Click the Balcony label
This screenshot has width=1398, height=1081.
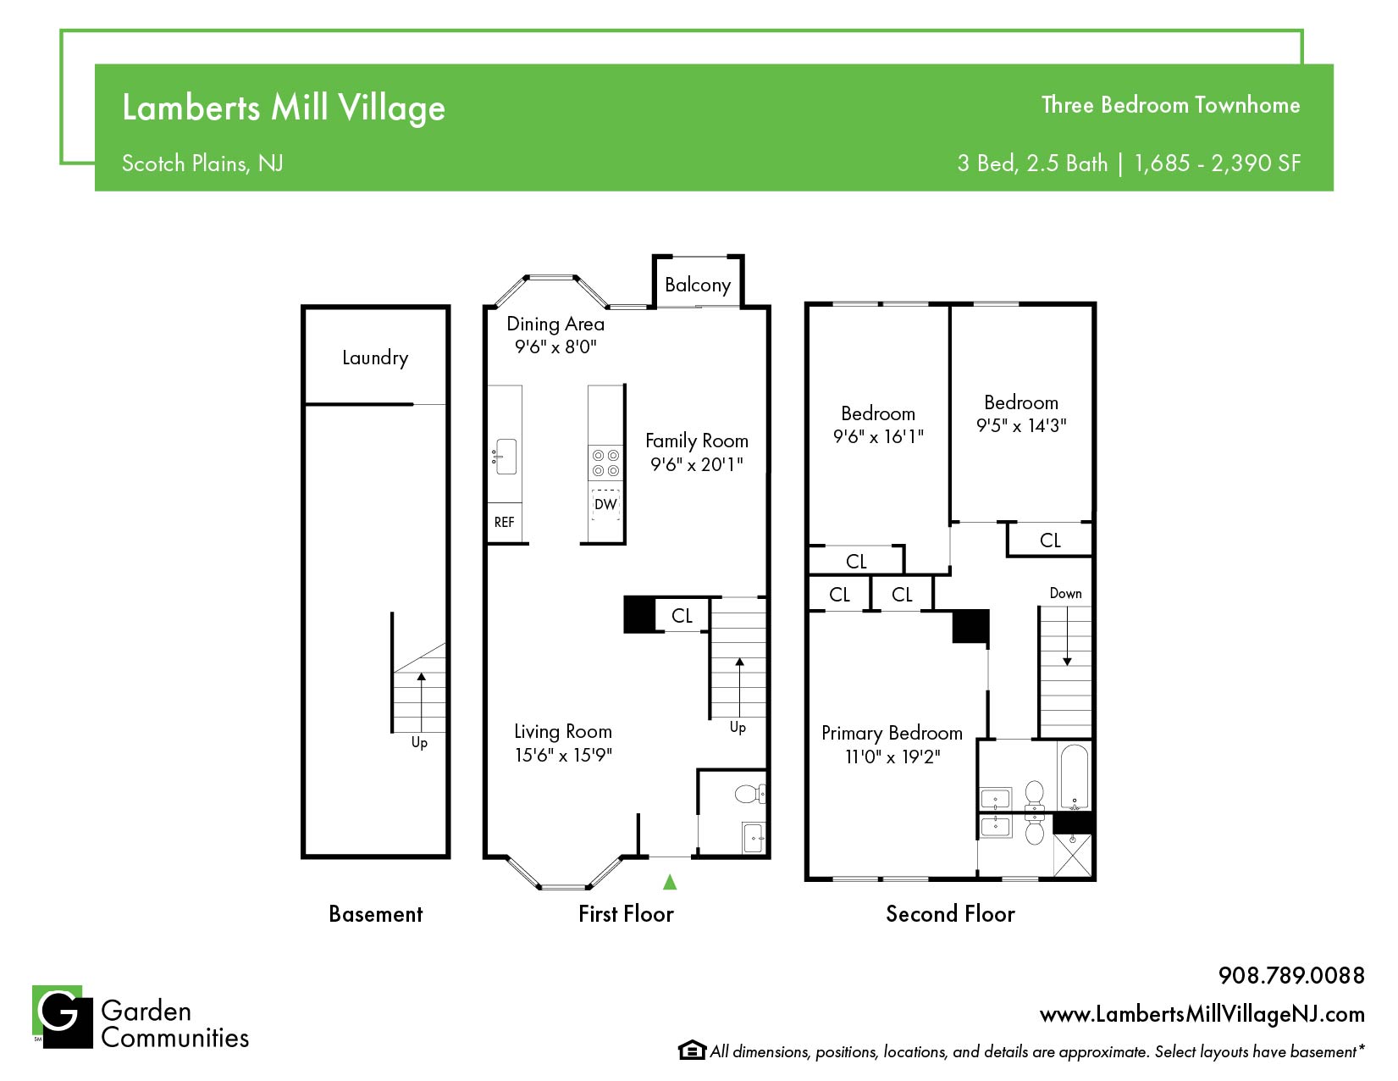[698, 285]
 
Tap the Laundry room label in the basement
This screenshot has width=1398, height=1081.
[375, 358]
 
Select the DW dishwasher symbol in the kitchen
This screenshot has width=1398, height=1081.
[605, 504]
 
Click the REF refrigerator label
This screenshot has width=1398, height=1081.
[505, 523]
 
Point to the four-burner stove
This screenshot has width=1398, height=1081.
[605, 463]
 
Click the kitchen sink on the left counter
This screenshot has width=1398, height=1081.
[505, 457]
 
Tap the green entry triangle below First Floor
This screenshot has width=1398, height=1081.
[670, 882]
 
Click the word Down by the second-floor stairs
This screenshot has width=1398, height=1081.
[1065, 593]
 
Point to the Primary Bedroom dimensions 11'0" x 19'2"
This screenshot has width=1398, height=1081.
[892, 757]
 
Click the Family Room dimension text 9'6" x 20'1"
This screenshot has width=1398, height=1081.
[697, 464]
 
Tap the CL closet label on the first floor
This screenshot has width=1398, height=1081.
[682, 616]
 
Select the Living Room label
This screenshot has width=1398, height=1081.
[563, 732]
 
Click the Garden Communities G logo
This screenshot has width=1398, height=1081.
[63, 1017]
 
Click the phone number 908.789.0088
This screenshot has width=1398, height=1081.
[1291, 975]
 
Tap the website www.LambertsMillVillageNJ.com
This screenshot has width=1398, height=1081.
[1202, 1015]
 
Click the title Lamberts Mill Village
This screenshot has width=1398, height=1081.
[284, 108]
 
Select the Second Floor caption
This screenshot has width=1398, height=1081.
[950, 914]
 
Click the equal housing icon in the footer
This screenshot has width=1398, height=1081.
[692, 1051]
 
